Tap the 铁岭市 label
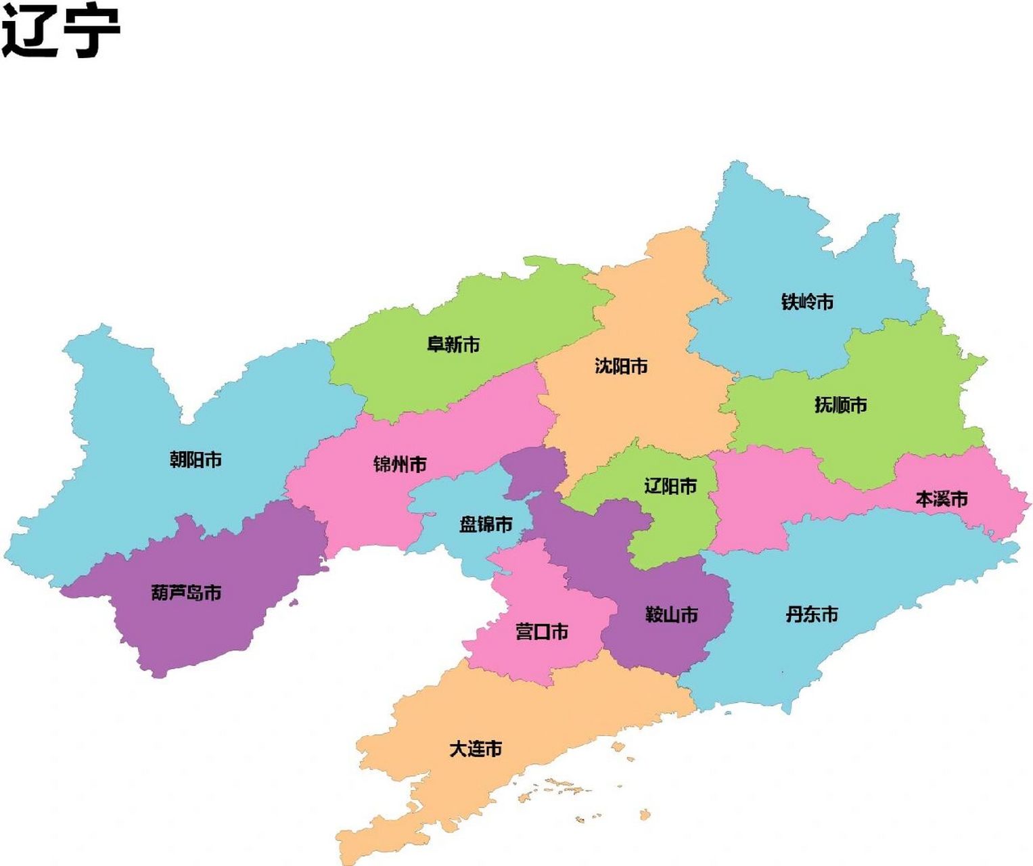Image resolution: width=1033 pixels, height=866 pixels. (807, 302)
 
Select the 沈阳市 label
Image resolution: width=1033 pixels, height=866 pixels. (621, 366)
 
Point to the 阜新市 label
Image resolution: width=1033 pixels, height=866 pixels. (453, 344)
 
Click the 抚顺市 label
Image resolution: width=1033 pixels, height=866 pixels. (840, 405)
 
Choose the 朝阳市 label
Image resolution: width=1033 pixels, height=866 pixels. (196, 460)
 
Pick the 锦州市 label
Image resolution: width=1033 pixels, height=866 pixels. (400, 465)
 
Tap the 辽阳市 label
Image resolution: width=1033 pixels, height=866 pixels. (670, 486)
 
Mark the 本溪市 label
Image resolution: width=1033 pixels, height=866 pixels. (941, 499)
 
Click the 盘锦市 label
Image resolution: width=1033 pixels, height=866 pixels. (486, 524)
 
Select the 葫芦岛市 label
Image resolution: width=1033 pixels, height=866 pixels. (186, 593)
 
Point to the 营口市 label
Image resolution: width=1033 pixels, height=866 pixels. (541, 632)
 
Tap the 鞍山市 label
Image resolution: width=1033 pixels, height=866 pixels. (671, 615)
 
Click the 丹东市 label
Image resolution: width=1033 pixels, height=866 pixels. (811, 614)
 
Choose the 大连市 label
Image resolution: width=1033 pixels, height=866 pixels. (476, 749)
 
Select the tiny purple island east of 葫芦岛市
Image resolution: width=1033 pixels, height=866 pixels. (293, 601)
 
